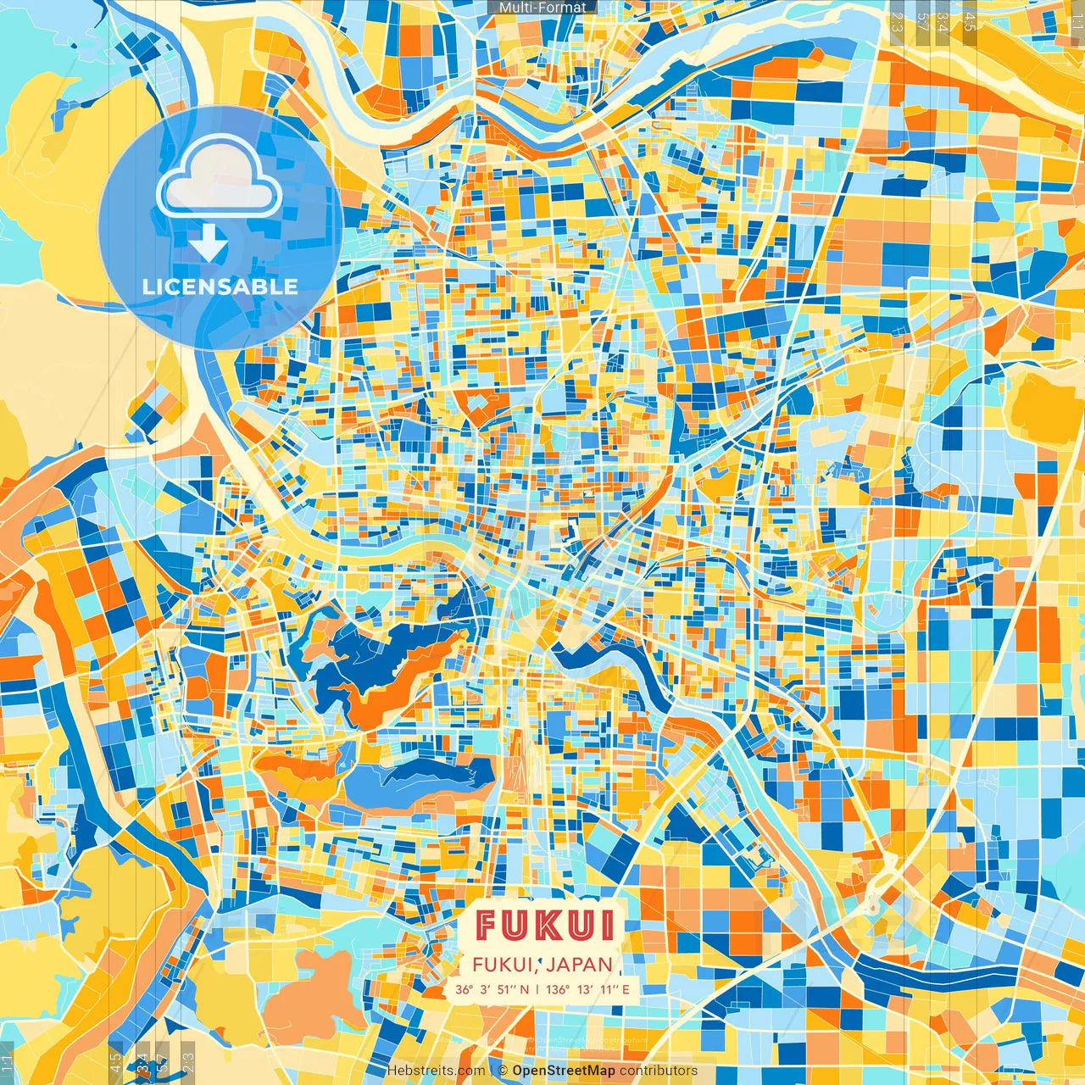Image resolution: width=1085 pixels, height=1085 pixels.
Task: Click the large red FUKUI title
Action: pyautogui.click(x=545, y=926)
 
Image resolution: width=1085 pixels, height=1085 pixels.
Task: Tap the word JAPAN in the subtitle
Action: pyautogui.click(x=579, y=964)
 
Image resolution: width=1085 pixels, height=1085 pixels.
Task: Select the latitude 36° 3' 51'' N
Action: pyautogui.click(x=492, y=988)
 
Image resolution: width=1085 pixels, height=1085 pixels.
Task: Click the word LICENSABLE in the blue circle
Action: pyautogui.click(x=220, y=287)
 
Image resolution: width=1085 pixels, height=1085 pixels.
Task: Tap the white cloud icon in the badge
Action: pyautogui.click(x=220, y=174)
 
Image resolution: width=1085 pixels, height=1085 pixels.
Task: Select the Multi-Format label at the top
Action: pyautogui.click(x=542, y=8)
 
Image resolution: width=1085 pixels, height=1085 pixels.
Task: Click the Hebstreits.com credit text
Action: pyautogui.click(x=436, y=1071)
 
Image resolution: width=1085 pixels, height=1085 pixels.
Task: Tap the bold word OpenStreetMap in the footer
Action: pyautogui.click(x=564, y=1071)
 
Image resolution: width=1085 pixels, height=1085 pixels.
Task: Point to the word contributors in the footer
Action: pyautogui.click(x=659, y=1071)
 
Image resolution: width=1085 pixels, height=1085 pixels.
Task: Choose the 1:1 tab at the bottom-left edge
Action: pyautogui.click(x=8, y=1062)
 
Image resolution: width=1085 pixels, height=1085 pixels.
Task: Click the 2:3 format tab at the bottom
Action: pyautogui.click(x=188, y=1062)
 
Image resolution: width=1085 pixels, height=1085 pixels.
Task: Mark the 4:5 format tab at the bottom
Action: pyautogui.click(x=115, y=1062)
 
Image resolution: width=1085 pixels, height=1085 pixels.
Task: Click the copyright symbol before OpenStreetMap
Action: pyautogui.click(x=503, y=1071)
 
